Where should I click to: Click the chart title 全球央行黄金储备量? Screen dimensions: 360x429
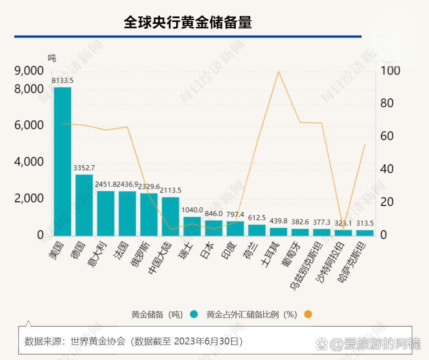[188, 22]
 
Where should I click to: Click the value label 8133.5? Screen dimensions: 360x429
[62, 81]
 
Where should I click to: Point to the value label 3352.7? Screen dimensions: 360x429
[84, 168]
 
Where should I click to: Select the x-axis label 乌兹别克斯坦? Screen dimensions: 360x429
[305, 265]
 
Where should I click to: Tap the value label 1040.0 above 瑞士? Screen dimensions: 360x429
[192, 210]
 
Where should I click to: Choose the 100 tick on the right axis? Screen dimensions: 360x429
[390, 71]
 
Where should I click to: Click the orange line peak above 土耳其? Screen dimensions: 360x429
[278, 71]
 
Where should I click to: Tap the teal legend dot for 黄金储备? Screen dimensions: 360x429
[194, 314]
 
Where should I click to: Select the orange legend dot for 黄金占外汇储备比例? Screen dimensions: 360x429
[307, 314]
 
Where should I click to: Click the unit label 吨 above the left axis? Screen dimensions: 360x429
[52, 58]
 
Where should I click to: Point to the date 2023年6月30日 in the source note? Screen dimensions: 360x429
[208, 341]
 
